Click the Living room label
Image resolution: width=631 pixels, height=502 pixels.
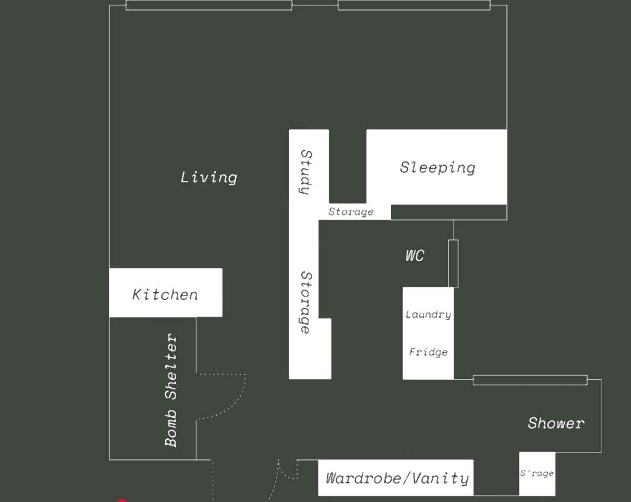(x=209, y=177)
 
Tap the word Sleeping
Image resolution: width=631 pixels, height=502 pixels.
(x=437, y=168)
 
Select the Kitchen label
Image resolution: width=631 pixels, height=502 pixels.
(x=165, y=295)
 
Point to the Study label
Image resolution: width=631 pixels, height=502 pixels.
(x=307, y=172)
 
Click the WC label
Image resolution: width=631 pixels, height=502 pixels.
(x=415, y=256)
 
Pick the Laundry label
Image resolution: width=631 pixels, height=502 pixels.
(x=429, y=315)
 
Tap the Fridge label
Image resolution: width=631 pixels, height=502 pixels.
(x=429, y=352)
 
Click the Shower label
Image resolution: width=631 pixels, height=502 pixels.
(x=556, y=424)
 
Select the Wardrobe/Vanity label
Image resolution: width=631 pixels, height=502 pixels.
(x=398, y=478)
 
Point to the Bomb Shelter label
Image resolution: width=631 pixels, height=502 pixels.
(x=171, y=390)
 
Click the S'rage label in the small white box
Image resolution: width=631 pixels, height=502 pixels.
(x=537, y=473)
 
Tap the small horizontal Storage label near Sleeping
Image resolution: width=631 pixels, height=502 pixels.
(x=351, y=212)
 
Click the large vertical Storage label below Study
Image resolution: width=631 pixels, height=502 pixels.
(x=307, y=303)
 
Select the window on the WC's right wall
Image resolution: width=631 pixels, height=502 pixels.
(x=453, y=264)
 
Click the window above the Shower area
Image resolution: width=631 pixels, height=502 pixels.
(x=530, y=380)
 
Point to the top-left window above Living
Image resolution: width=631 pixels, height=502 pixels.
(x=209, y=5)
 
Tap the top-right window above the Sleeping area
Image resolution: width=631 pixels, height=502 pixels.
(x=414, y=5)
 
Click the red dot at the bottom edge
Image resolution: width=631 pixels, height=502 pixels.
(x=121, y=500)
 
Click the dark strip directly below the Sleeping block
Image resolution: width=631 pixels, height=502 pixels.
(x=449, y=212)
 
